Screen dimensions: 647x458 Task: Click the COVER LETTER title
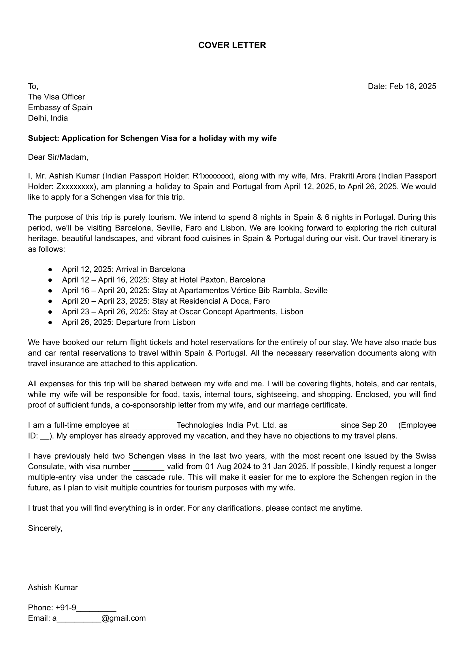[232, 45]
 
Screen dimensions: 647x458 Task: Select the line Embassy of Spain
[60, 108]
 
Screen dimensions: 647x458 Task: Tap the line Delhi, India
[48, 118]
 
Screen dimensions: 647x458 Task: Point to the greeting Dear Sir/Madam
[58, 157]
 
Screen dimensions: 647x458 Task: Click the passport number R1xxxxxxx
[212, 176]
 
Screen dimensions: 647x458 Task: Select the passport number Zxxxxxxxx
[76, 187]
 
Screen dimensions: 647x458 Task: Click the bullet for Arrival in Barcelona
[50, 270]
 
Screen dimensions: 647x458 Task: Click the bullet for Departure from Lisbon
[50, 322]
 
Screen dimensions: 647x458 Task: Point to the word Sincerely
[45, 528]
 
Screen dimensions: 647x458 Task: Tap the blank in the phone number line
[96, 608]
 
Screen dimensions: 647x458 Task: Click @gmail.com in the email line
[124, 618]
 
